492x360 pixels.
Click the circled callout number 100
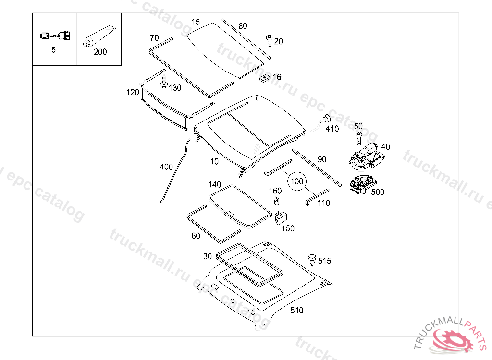297,181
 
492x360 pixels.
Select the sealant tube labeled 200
98,37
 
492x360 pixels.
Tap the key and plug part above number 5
54,36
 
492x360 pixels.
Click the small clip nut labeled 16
264,77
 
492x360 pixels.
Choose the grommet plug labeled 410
327,119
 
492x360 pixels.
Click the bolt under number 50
358,138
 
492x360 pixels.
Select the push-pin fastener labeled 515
312,259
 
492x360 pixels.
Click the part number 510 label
296,311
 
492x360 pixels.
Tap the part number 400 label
166,167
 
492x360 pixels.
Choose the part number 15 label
196,22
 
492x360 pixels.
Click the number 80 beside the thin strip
243,26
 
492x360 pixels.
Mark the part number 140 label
215,185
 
